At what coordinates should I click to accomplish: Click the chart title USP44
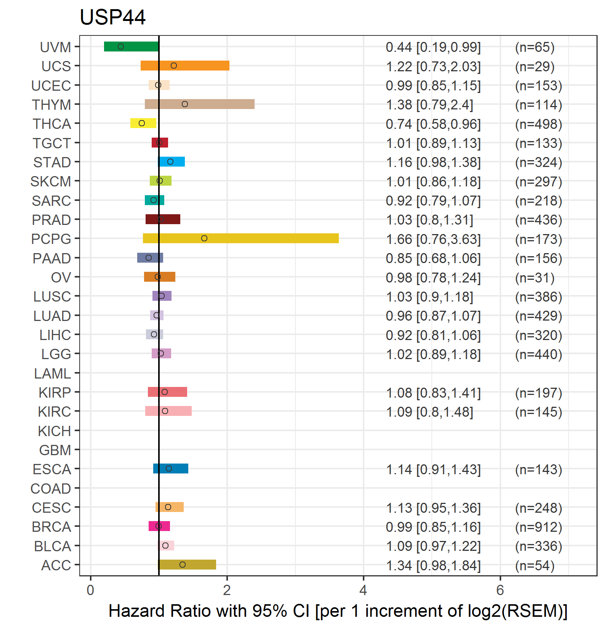(x=112, y=18)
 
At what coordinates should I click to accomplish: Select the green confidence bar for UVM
(x=131, y=47)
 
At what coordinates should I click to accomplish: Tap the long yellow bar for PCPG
(x=240, y=238)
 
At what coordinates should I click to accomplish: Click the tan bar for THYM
(x=199, y=104)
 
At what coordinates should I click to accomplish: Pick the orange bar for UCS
(x=185, y=66)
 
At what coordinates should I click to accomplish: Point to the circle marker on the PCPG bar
(x=204, y=238)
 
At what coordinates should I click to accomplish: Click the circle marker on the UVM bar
(x=121, y=47)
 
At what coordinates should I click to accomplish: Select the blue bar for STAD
(x=172, y=162)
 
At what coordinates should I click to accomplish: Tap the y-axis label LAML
(x=52, y=374)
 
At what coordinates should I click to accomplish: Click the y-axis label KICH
(x=54, y=431)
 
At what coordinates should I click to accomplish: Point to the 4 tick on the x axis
(x=363, y=590)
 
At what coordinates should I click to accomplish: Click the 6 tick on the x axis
(x=500, y=590)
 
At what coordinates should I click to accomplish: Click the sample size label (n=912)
(x=539, y=527)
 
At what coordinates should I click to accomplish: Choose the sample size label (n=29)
(x=535, y=66)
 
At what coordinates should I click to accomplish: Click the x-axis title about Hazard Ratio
(x=338, y=611)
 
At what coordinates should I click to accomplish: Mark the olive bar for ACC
(x=187, y=565)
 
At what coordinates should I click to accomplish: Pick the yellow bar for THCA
(x=143, y=123)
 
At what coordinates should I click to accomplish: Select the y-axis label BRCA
(x=51, y=527)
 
